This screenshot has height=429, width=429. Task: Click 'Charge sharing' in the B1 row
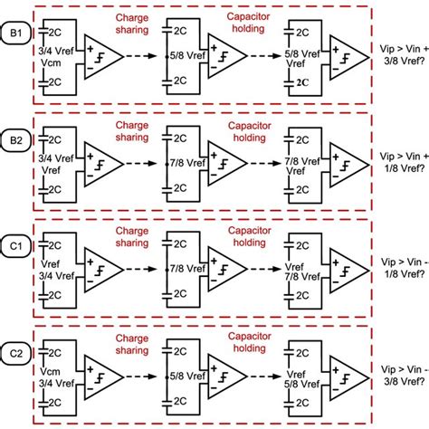pyautogui.click(x=132, y=22)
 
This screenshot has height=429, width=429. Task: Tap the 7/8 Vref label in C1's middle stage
pyautogui.click(x=181, y=270)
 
